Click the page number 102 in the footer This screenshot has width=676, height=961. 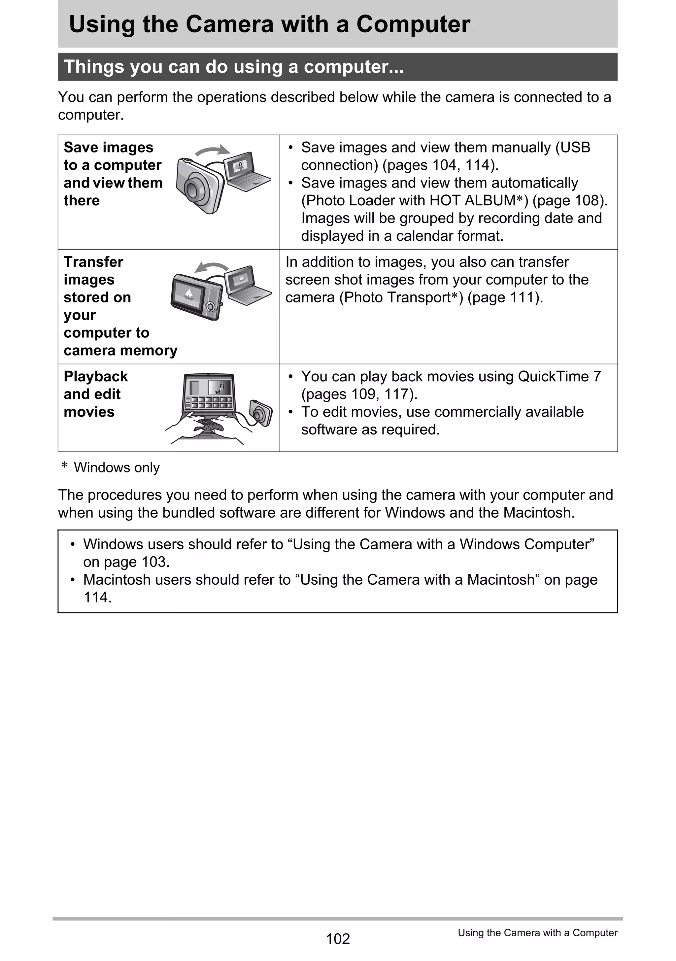coord(337,939)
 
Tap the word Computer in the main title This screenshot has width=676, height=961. coord(413,24)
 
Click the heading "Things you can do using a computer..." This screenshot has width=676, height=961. coord(234,67)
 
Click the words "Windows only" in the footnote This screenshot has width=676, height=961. coord(117,467)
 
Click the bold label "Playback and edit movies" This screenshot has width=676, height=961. coord(95,394)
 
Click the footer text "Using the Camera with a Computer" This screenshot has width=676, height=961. coord(537,933)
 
